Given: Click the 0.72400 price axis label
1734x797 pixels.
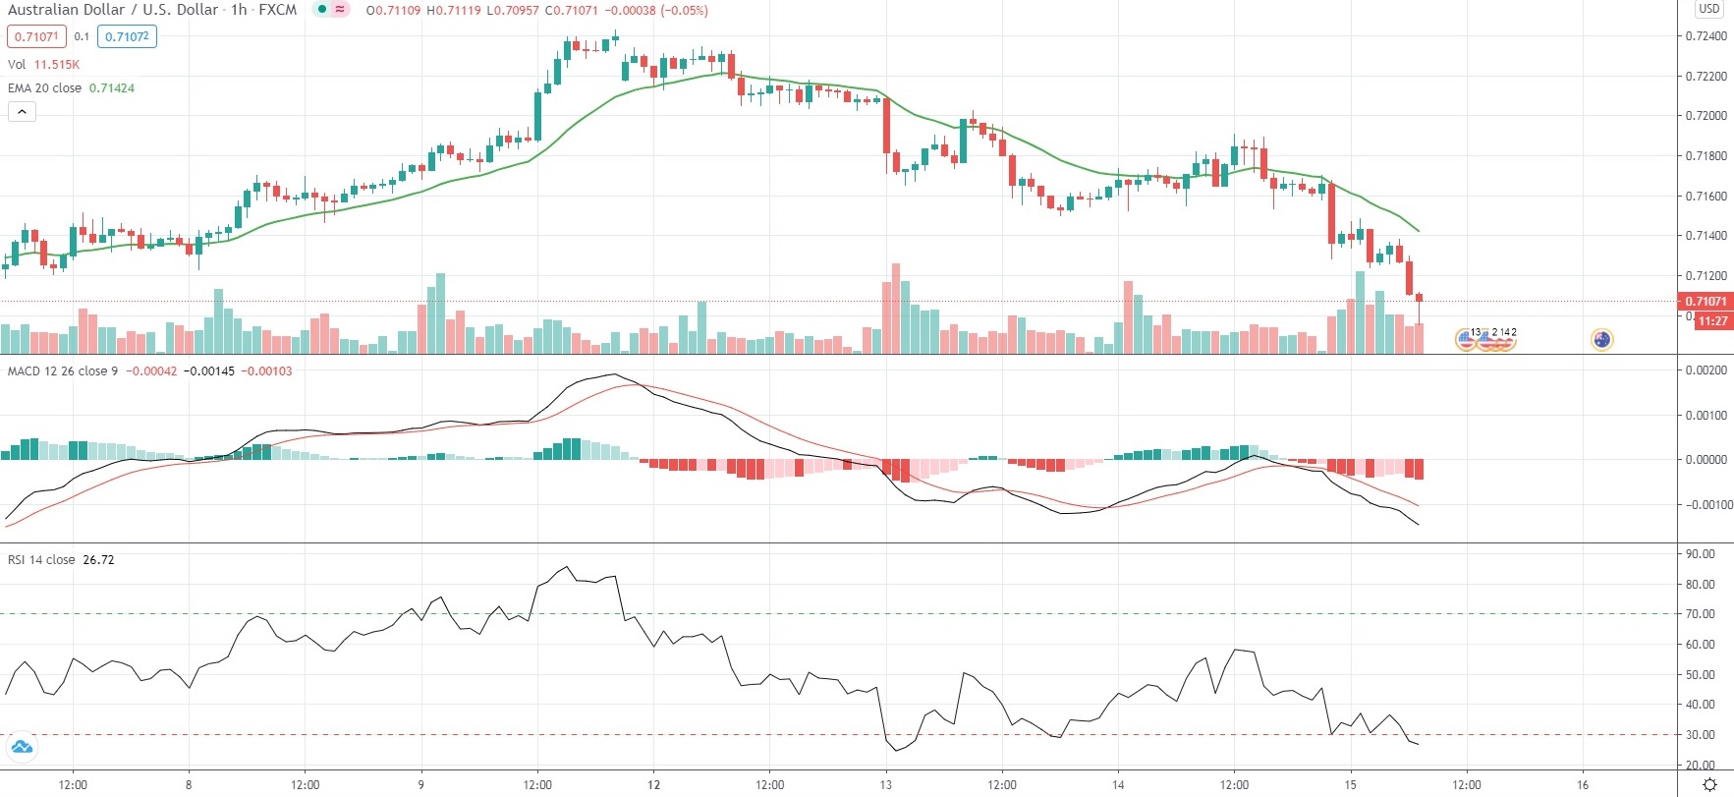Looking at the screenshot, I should click(1706, 36).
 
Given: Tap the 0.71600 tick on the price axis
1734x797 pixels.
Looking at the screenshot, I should click(1706, 196).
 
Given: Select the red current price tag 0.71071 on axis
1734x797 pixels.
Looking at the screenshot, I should click(1706, 302).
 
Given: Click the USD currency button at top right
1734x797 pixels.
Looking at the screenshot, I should click(1709, 9).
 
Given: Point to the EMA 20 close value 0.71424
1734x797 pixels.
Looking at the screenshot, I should click(112, 88).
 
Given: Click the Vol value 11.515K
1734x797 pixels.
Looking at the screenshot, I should click(57, 65).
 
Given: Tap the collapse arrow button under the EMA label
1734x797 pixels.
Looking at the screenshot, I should click(22, 112).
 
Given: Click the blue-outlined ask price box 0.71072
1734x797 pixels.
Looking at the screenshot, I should click(127, 37).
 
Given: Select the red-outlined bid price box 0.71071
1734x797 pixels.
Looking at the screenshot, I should click(36, 37).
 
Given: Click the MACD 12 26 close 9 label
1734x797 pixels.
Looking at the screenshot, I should click(62, 371).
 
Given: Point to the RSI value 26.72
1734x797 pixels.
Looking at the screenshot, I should click(98, 560).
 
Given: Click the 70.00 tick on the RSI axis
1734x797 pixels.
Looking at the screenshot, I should click(1701, 614).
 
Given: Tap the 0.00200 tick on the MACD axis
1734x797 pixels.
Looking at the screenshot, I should click(1706, 370).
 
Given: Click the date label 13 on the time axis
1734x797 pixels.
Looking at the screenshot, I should click(885, 785).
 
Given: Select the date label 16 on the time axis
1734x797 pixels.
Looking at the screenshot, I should click(1583, 785).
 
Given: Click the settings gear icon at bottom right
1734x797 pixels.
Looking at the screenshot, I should click(1709, 784).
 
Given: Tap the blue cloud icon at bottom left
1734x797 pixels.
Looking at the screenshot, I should click(21, 748).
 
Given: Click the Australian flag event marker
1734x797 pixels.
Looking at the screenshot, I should click(1601, 340).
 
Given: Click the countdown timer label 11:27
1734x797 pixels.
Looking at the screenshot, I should click(1712, 321).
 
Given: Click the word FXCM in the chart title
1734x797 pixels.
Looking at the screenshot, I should click(277, 10).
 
